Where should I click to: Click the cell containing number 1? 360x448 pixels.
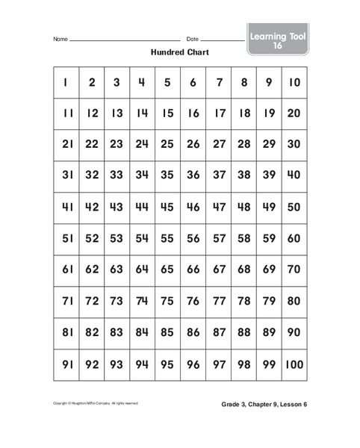tap(66, 83)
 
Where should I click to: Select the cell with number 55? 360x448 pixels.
tap(167, 240)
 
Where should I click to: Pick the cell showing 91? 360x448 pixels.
tap(66, 365)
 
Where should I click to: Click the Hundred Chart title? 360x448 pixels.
tap(180, 53)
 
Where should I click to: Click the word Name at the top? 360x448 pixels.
tap(60, 39)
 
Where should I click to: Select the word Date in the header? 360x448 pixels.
tap(193, 39)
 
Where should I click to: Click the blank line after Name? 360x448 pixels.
tap(124, 40)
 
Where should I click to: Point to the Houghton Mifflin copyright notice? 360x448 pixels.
tap(96, 404)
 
